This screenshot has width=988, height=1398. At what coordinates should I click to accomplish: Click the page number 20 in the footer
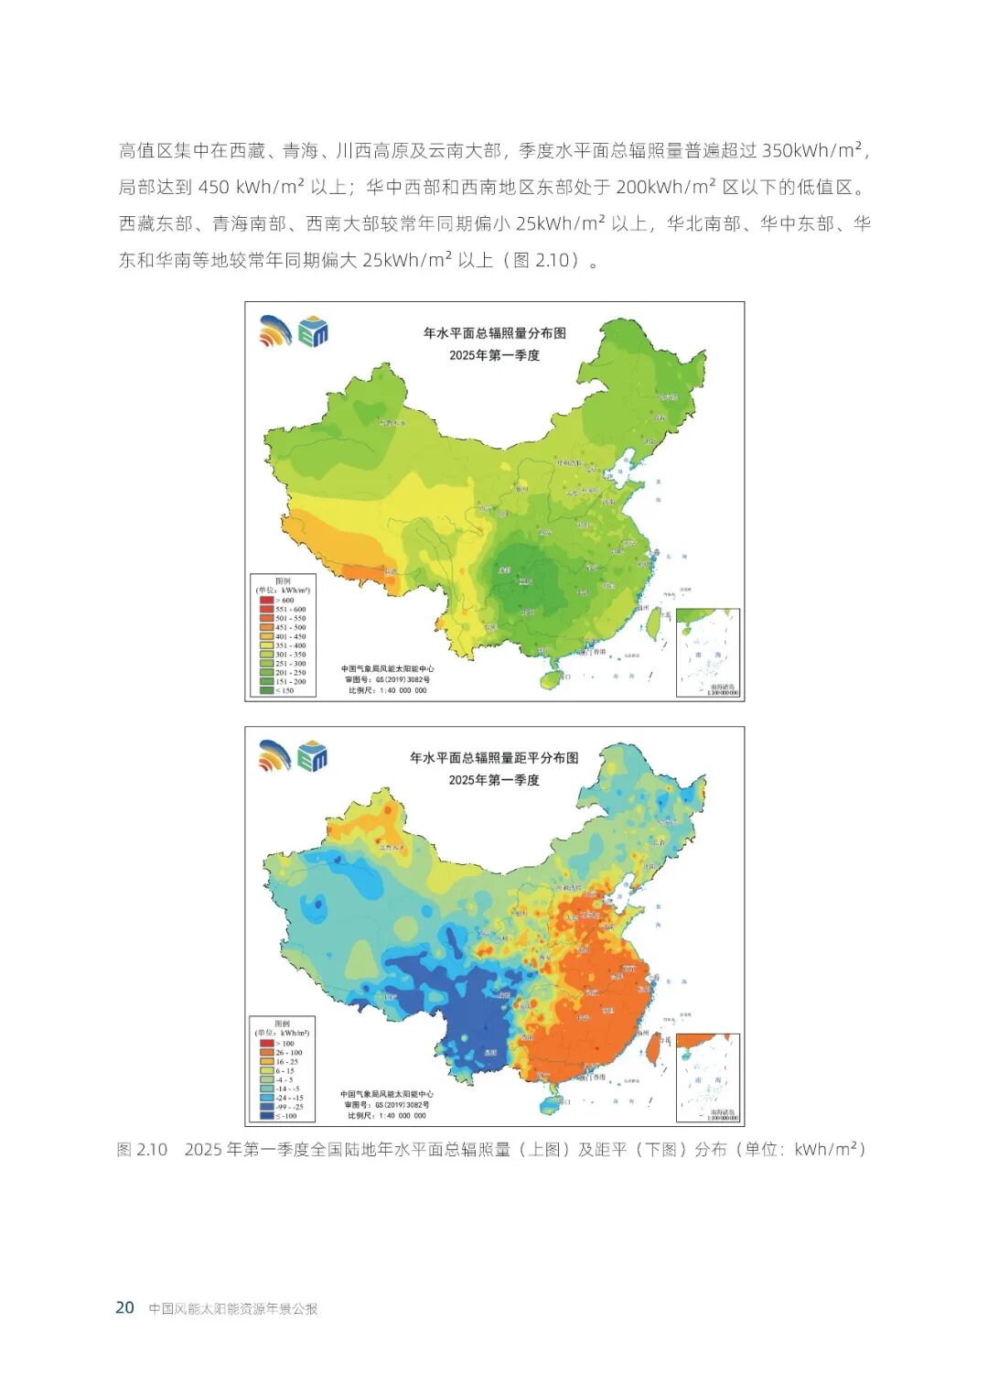(124, 1307)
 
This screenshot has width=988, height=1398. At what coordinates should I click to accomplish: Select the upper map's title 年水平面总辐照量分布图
(494, 333)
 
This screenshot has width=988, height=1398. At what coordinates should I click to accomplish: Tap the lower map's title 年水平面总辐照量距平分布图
(494, 758)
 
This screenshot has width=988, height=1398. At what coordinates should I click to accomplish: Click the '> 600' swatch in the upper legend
(266, 601)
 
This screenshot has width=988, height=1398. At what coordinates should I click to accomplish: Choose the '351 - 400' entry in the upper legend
(290, 645)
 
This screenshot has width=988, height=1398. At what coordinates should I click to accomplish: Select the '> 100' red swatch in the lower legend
(266, 1044)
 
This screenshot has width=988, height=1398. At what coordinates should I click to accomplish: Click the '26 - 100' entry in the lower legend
(288, 1053)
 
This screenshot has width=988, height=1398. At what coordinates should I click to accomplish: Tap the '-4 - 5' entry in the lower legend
(285, 1080)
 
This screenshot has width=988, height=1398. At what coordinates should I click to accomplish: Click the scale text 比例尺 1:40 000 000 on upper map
(387, 690)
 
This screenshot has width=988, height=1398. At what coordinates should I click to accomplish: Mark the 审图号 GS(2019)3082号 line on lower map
(387, 1105)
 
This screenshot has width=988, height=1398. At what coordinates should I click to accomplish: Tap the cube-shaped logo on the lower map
(313, 756)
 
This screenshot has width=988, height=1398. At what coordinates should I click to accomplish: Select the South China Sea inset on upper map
(707, 653)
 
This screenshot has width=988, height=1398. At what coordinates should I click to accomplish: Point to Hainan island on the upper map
(552, 679)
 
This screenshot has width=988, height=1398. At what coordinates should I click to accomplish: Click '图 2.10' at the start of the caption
(142, 1150)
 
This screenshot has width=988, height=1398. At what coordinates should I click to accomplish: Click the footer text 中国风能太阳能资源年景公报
(233, 1309)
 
